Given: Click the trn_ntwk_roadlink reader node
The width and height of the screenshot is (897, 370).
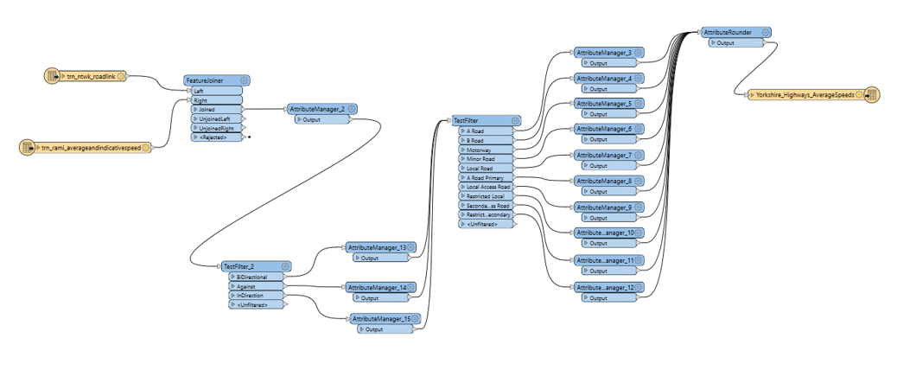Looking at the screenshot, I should (90, 76).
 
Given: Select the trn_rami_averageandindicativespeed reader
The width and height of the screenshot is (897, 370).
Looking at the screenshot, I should (91, 148).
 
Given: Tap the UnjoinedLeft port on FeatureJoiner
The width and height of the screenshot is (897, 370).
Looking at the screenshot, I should (217, 118).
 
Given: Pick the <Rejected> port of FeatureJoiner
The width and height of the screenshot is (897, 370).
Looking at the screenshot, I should (216, 137).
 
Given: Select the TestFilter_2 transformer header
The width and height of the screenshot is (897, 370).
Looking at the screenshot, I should (250, 267).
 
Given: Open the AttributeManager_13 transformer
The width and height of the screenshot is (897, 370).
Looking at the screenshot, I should (376, 247).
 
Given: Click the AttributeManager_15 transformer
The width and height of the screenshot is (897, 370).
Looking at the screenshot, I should (380, 319).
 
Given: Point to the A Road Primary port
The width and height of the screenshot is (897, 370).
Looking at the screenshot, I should (485, 177).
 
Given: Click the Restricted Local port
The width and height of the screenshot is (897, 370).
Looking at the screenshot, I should (485, 195).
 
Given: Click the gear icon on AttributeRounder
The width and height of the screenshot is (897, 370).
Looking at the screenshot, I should (766, 32).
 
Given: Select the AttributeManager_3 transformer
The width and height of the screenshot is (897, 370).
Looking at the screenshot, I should (604, 53).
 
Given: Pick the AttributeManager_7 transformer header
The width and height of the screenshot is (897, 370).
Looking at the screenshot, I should (604, 155).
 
